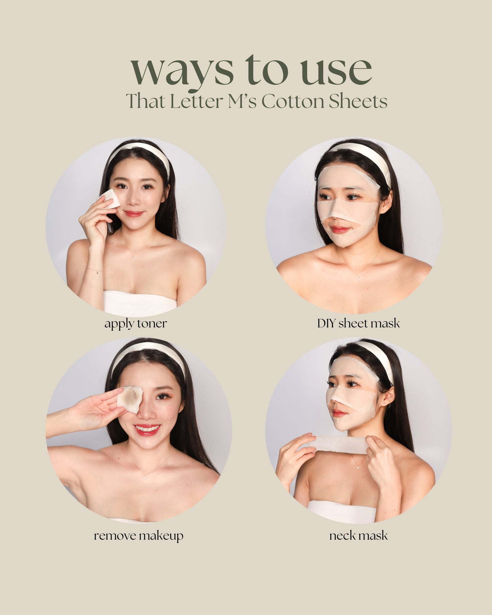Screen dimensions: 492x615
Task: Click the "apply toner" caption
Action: [x=136, y=324]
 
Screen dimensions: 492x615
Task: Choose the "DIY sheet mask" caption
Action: [x=359, y=323]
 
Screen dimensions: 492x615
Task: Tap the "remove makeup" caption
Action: [x=139, y=536]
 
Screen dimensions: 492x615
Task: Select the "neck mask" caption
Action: [x=359, y=536]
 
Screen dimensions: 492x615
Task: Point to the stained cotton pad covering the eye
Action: [x=130, y=399]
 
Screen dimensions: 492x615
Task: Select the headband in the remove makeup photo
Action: [x=149, y=353]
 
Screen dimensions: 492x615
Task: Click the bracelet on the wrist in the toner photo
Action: [x=94, y=270]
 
